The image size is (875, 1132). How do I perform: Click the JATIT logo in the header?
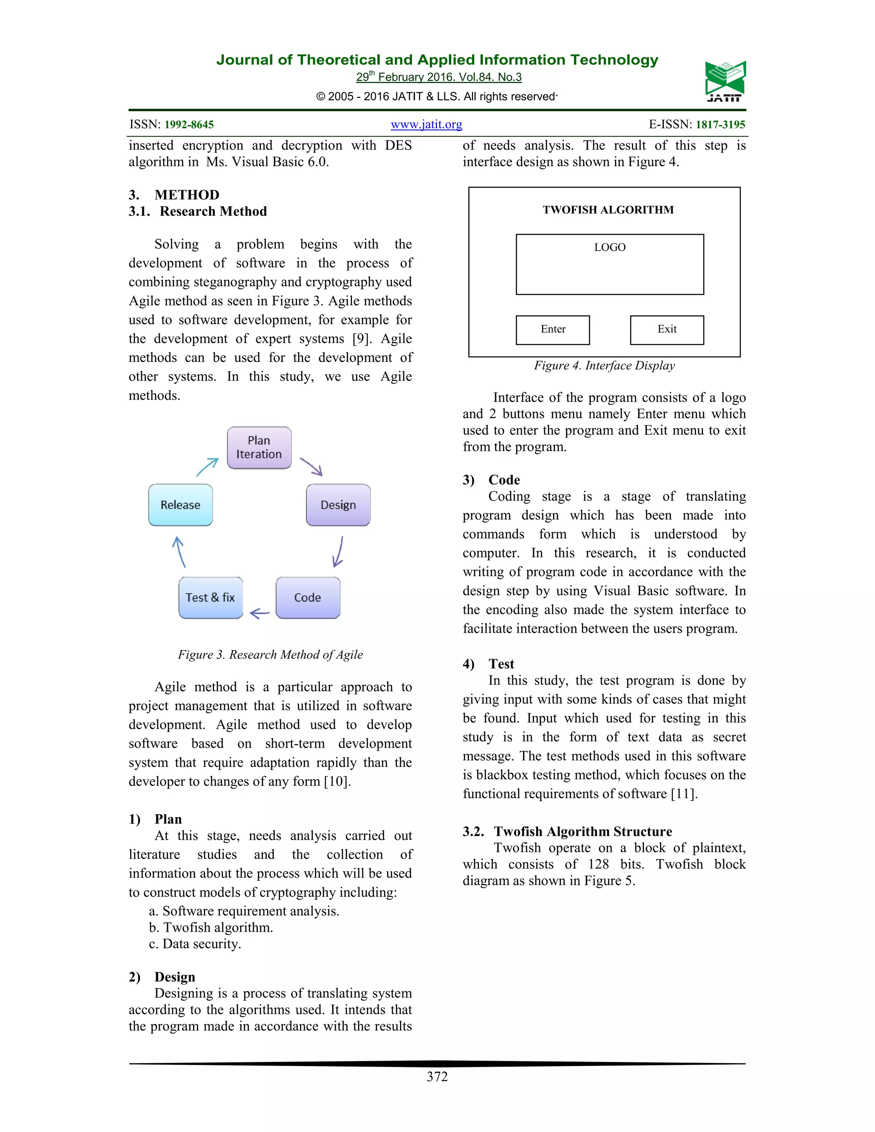pos(725,81)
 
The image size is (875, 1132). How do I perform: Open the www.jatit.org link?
pos(426,124)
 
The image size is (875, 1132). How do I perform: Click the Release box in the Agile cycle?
pos(180,505)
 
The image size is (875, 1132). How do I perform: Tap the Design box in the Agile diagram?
pos(338,505)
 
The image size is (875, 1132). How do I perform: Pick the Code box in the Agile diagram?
pos(308,598)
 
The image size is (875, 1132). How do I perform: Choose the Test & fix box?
pos(211,598)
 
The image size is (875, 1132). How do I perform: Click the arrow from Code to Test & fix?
pos(260,614)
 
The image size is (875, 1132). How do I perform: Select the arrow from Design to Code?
pos(338,551)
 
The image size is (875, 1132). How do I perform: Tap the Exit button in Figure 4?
pos(667,330)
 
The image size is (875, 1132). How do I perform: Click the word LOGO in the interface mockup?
pos(610,248)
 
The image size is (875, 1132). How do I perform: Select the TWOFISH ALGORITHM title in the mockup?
pos(608,210)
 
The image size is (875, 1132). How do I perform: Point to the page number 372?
pos(437,1077)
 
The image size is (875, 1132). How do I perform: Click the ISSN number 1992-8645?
pos(189,125)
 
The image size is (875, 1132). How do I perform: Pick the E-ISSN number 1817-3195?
pos(720,125)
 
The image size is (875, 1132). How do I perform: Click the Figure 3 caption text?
pos(270,654)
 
